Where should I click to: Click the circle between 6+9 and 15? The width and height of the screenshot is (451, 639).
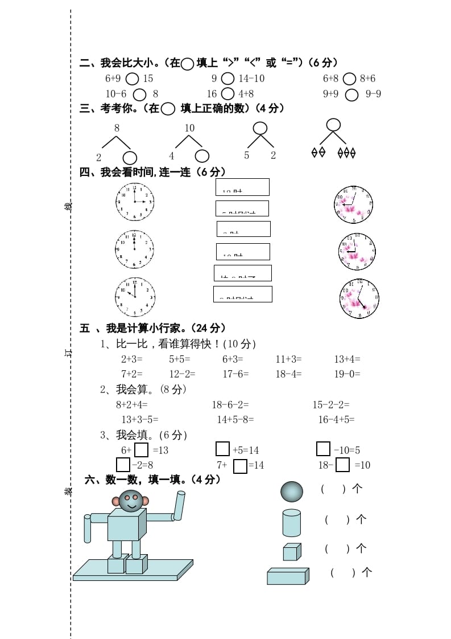tap(132, 79)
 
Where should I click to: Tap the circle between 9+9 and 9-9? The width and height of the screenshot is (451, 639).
tap(351, 95)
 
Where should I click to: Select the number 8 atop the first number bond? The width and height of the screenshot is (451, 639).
tap(117, 128)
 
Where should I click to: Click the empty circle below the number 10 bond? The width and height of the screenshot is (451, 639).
tap(202, 156)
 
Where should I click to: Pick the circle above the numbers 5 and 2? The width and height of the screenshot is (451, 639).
tap(260, 128)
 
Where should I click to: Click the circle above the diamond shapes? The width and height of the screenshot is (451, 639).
tap(333, 125)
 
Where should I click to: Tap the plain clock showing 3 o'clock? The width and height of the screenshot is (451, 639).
tap(135, 202)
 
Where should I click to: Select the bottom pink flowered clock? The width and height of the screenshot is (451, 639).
tap(359, 298)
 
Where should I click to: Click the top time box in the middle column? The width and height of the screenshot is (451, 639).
tap(242, 187)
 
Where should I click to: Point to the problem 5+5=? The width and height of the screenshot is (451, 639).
tap(180, 359)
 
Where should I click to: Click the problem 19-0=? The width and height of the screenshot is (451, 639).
tap(347, 374)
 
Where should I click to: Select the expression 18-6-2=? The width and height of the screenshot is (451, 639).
tap(230, 405)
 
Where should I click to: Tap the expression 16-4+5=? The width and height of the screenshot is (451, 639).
tap(336, 420)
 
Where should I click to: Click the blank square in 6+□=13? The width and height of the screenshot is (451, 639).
tap(142, 450)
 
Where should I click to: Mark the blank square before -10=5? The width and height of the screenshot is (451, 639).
tap(323, 449)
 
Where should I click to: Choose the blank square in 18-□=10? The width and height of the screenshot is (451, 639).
tap(342, 465)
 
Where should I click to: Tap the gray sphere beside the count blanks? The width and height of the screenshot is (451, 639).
tap(292, 491)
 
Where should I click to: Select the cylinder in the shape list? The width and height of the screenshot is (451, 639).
tap(291, 523)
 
